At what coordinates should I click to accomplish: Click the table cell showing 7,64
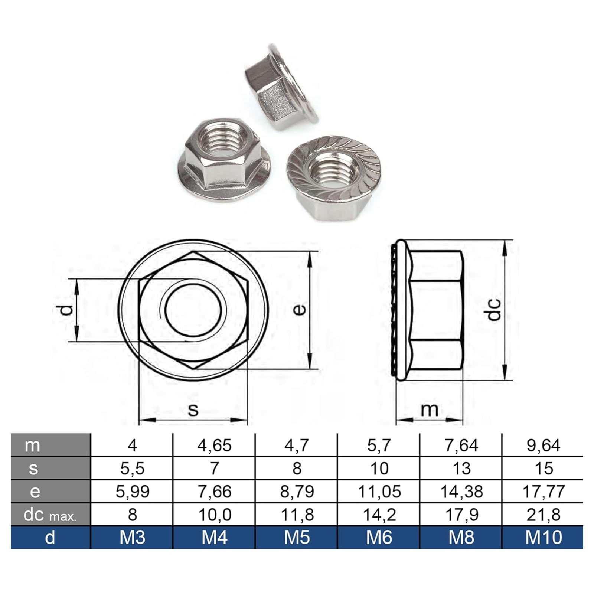(x=461, y=445)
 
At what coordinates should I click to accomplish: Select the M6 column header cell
(x=379, y=537)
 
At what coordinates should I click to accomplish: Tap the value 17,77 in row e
(x=544, y=492)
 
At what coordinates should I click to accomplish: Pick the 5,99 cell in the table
(x=133, y=492)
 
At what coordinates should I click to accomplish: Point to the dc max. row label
(x=50, y=515)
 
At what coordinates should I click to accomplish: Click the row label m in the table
(x=32, y=445)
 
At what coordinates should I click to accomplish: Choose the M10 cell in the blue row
(x=544, y=537)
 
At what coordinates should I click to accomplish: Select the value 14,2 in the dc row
(x=379, y=515)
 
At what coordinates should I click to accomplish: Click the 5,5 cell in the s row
(x=133, y=468)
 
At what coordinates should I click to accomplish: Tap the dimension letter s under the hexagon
(x=193, y=409)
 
